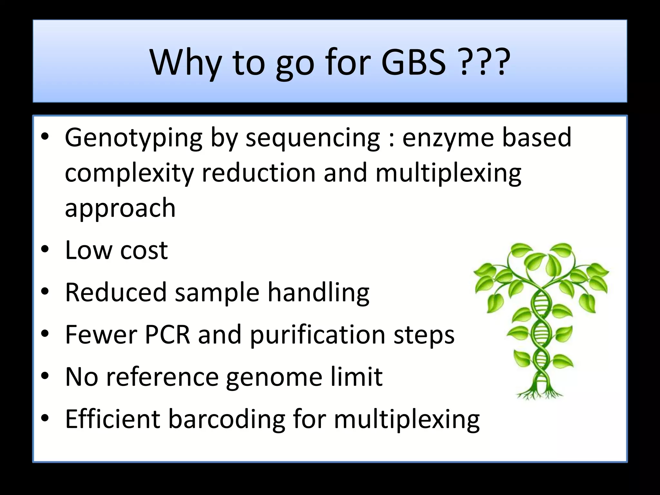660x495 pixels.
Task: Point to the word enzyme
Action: pyautogui.click(x=448, y=138)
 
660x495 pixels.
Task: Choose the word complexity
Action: pyautogui.click(x=129, y=174)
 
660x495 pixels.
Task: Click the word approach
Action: pyautogui.click(x=120, y=209)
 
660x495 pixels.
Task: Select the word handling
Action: pyautogui.click(x=318, y=293)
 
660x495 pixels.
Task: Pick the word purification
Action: pyautogui.click(x=317, y=335)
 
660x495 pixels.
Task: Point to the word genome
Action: pyautogui.click(x=274, y=377)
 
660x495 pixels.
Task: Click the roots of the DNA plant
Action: pyautogui.click(x=540, y=393)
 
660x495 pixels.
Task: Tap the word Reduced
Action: pyautogui.click(x=116, y=292)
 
